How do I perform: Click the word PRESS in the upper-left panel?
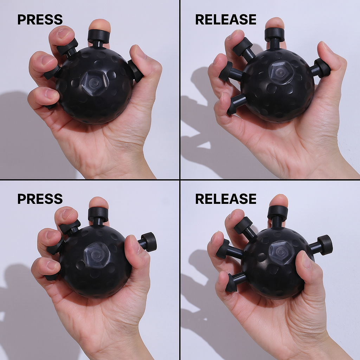(40, 20)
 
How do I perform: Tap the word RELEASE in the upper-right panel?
(226, 20)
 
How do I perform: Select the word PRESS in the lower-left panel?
(40, 199)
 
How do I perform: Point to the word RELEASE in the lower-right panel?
(226, 199)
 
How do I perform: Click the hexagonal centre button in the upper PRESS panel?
(94, 82)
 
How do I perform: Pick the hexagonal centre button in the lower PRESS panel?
(97, 254)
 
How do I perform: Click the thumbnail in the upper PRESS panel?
(137, 52)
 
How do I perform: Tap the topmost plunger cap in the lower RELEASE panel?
(278, 212)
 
